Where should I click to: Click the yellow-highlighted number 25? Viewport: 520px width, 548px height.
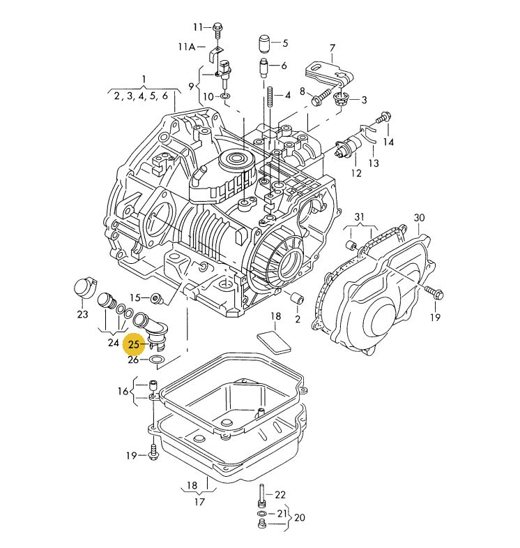click(134, 345)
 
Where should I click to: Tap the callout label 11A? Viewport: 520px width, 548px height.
click(187, 47)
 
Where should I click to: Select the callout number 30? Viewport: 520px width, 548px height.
click(419, 218)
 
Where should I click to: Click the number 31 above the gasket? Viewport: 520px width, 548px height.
click(360, 217)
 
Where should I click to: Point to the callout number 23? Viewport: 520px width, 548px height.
click(82, 314)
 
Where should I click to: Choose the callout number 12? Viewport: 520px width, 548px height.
click(356, 173)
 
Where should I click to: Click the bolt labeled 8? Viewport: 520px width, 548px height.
click(321, 97)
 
